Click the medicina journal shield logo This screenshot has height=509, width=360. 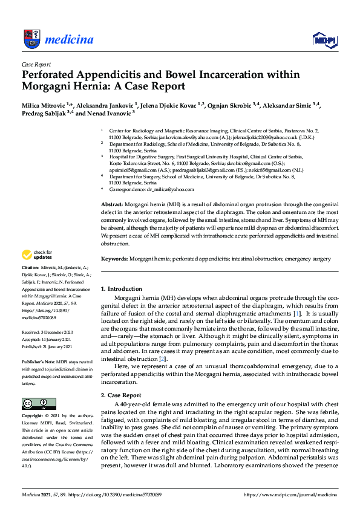click(x=31, y=39)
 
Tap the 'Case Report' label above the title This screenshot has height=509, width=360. click(x=36, y=64)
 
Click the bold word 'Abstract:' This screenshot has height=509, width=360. click(x=113, y=206)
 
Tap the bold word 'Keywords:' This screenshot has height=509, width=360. click(x=114, y=259)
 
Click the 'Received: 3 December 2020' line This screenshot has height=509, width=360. click(x=49, y=332)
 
